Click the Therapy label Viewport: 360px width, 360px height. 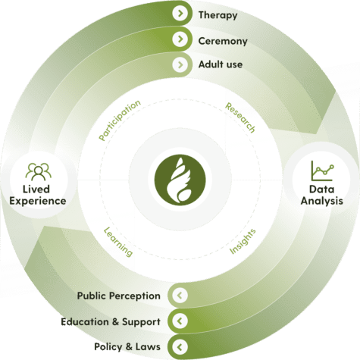[218, 15]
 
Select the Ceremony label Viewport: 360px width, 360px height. [223, 41]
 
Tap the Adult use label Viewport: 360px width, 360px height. [221, 64]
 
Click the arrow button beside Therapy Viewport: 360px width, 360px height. [180, 14]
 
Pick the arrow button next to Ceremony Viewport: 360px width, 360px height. [180, 39]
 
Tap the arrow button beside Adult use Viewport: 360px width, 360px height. [180, 64]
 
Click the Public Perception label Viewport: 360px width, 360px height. [119, 296]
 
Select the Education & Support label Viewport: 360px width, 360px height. [111, 321]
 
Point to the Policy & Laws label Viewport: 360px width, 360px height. [127, 346]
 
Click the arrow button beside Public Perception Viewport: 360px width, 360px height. [180, 295]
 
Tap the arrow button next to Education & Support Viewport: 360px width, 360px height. [180, 321]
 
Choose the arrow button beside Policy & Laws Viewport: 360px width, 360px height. [180, 347]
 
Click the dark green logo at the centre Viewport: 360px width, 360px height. [180, 180]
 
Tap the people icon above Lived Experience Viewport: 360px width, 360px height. [38, 171]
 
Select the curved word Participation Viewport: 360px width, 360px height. [120, 120]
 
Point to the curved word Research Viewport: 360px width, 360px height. [240, 117]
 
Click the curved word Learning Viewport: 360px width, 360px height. [118, 242]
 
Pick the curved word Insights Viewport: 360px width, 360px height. [243, 241]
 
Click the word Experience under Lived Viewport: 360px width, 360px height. [38, 202]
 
